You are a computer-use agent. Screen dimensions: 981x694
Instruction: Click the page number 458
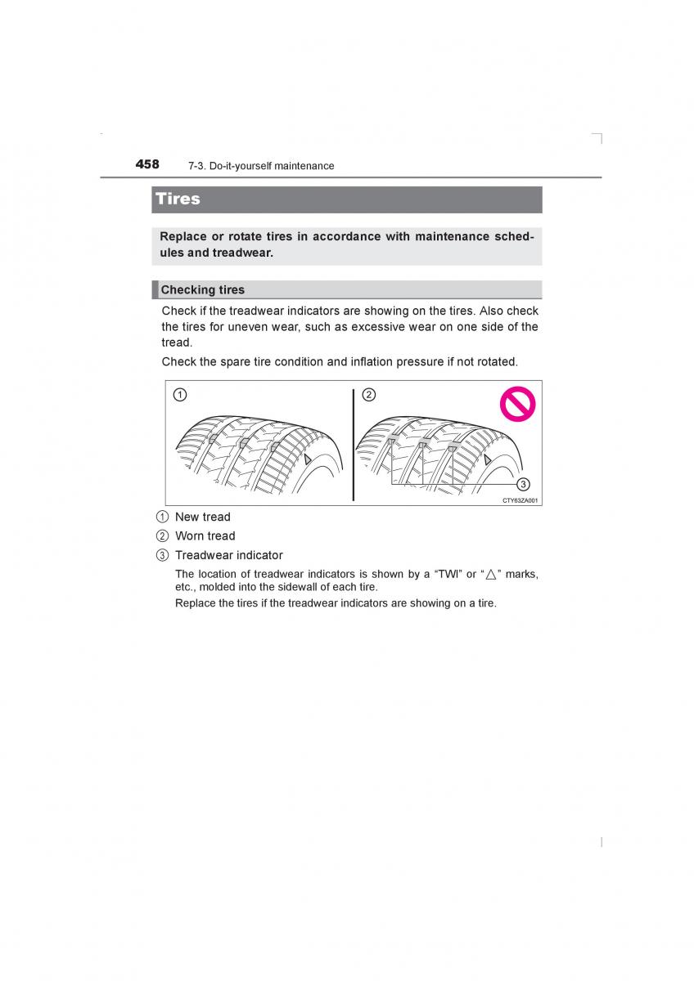pos(147,164)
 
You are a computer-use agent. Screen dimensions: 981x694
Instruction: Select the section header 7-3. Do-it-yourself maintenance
pos(260,166)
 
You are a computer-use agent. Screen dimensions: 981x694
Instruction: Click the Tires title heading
pos(178,199)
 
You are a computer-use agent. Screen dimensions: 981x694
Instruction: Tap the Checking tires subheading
pos(202,289)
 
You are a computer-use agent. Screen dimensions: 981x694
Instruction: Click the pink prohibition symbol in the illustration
pos(517,404)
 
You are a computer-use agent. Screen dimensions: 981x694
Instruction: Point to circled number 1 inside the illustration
pos(179,395)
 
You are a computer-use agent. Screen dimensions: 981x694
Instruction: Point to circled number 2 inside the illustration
pos(368,395)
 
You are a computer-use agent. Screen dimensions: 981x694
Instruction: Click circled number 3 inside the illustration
pos(523,484)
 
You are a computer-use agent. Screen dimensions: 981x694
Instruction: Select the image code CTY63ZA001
pos(520,500)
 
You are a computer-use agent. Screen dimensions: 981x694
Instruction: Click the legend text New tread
pos(202,517)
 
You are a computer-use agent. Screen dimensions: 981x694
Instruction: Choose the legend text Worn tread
pos(205,536)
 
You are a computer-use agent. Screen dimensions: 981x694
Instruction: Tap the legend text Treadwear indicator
pos(228,555)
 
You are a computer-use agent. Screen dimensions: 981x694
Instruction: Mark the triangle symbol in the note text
pos(491,574)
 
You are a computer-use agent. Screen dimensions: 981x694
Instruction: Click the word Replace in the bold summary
pos(183,236)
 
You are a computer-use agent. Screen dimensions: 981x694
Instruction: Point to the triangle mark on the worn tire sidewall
pos(488,461)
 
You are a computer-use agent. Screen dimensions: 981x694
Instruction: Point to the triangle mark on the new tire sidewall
pos(307,461)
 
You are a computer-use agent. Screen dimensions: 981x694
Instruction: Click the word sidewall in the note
pos(305,587)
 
